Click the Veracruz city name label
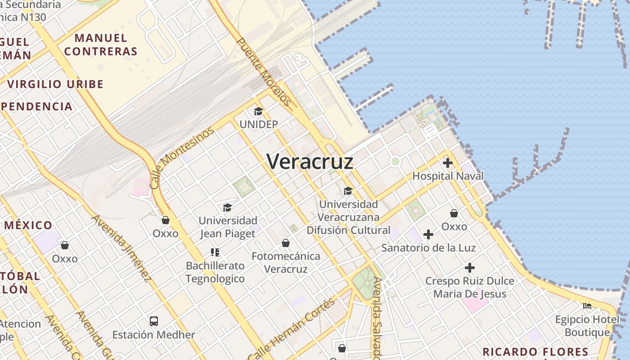pos(310,162)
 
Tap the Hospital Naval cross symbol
pos(447,163)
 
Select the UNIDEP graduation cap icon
pos(258,111)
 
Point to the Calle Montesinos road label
pos(181,158)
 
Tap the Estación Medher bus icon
pos(154,321)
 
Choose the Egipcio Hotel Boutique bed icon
pos(587,306)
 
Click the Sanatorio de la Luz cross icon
pos(428,234)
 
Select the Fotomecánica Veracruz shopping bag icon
pos(285,243)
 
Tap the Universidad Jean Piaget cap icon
pos(227,207)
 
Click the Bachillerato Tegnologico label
pos(215,272)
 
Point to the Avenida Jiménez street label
pos(121,248)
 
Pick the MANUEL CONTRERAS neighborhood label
pos(100,45)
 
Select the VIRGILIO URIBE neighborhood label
pos(55,84)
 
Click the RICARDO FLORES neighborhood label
pos(535,352)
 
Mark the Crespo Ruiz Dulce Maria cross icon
pos(469,268)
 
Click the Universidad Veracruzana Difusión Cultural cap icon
pos(348,191)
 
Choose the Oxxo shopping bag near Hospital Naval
pos(454,213)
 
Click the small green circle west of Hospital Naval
pos(395,161)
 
